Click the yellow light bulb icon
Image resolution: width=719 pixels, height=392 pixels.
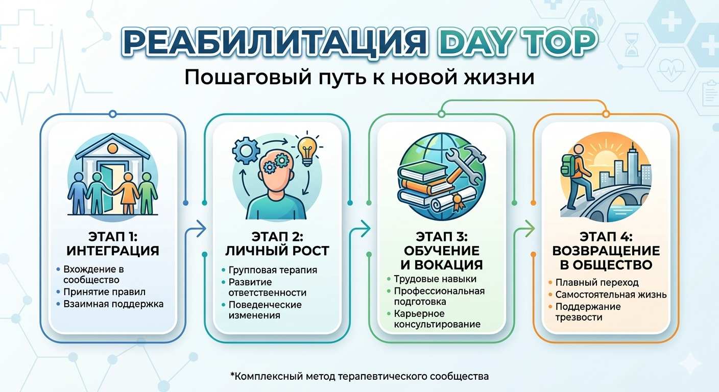(306, 149)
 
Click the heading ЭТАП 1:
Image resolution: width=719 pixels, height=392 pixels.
(112, 237)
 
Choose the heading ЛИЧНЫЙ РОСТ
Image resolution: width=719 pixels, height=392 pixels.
(276, 251)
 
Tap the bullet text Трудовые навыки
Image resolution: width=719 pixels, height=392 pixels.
(435, 279)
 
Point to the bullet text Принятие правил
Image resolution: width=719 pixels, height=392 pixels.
(104, 292)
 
